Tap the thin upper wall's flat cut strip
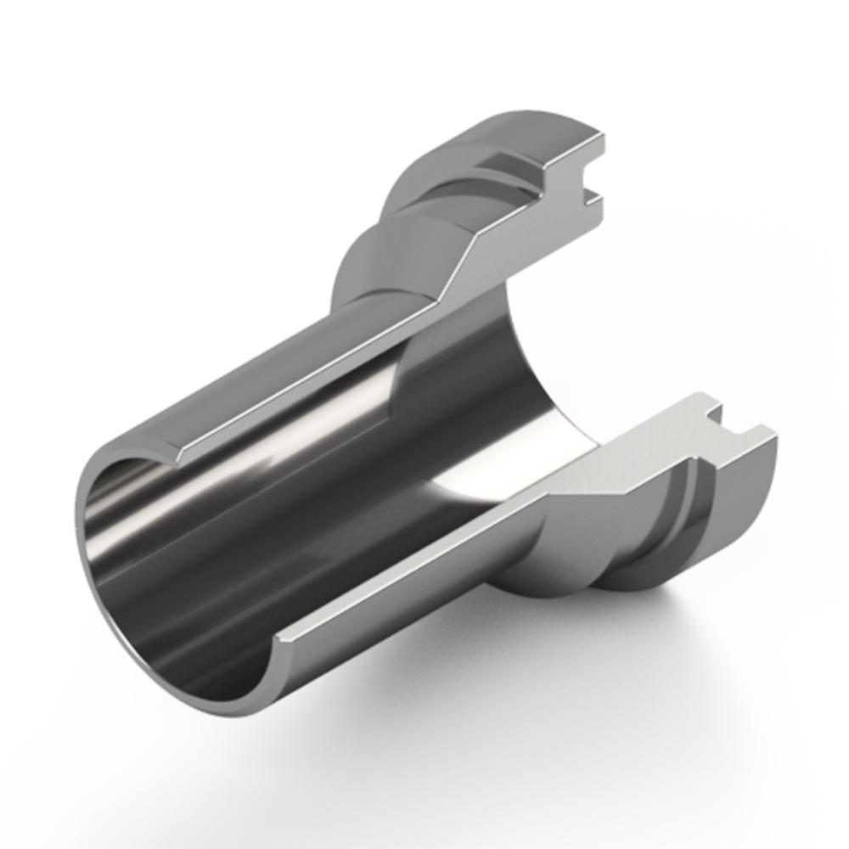314,382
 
